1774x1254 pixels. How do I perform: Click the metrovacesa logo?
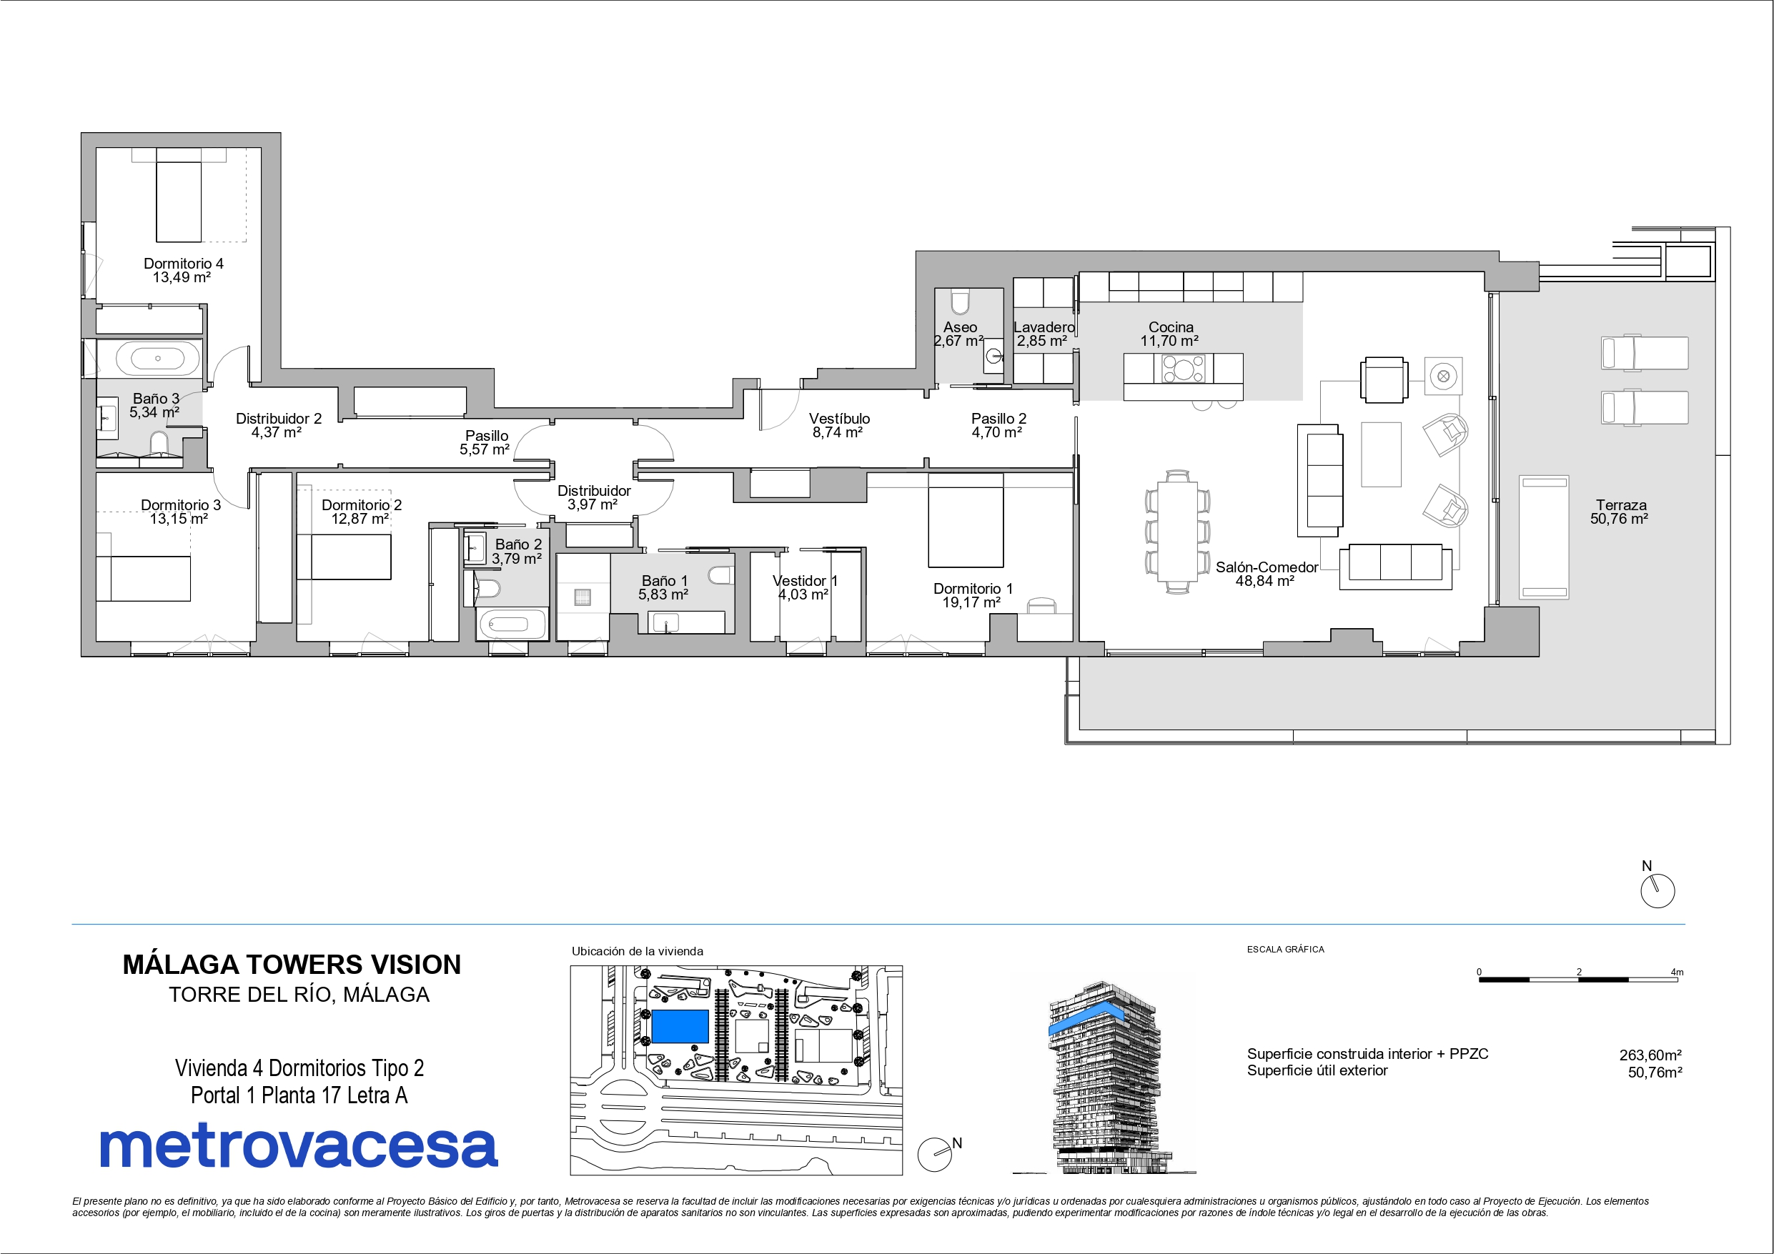[298, 1147]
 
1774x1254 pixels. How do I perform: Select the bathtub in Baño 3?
[158, 359]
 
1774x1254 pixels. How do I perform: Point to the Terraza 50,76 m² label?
[1620, 512]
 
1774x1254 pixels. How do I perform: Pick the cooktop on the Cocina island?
[1183, 369]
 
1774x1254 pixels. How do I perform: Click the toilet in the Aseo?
[960, 302]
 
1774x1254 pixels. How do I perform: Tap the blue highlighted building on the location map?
[680, 1026]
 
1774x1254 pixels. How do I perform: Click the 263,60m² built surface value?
[1650, 1055]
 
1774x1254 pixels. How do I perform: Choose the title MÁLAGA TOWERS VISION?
[292, 965]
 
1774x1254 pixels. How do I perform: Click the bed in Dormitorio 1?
[965, 520]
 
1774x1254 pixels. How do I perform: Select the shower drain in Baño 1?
[583, 597]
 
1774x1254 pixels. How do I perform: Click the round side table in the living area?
[1442, 377]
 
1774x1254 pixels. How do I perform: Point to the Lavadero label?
[1044, 327]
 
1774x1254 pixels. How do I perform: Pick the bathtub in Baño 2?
[508, 623]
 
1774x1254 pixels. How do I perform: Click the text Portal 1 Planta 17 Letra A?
[299, 1095]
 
